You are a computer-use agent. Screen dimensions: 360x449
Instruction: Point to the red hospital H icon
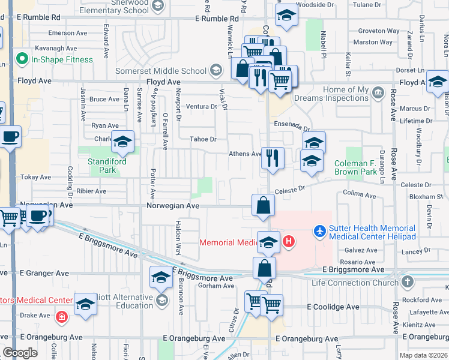[289, 242]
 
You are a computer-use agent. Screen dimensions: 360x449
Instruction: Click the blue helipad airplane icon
[320, 230]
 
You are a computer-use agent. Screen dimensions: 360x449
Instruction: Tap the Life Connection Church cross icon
[407, 282]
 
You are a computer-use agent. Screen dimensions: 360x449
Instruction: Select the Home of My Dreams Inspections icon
[378, 92]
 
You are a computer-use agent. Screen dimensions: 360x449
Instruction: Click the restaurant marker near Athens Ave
[273, 158]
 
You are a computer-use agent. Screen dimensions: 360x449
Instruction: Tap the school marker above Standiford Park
[122, 142]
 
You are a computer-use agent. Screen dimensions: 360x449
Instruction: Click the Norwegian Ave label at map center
[172, 205]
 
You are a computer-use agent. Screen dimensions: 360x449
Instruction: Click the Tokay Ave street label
[36, 178]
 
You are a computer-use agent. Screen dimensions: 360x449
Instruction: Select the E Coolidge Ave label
[333, 307]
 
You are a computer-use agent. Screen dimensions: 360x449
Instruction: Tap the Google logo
[20, 353]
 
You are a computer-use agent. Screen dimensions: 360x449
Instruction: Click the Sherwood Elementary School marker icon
[157, 7]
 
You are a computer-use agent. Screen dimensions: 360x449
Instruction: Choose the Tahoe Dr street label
[203, 139]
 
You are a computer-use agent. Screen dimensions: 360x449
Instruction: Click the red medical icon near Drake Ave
[61, 316]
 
